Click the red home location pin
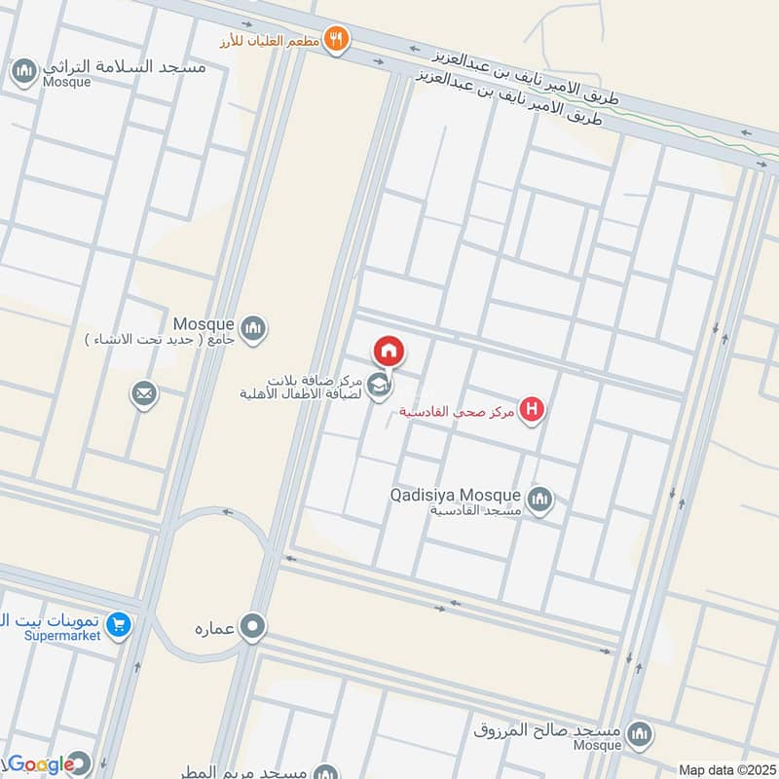pos(388,352)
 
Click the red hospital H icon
pos(531,410)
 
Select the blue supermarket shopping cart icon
pos(119,624)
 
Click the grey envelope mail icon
pos(145,394)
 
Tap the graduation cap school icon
pos(380,388)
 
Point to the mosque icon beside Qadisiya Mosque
pos(541,501)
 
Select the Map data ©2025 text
pos(725,769)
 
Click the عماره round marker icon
pos(253,625)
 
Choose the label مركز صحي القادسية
pos(457,411)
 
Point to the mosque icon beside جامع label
pos(253,328)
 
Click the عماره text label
pos(215,625)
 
